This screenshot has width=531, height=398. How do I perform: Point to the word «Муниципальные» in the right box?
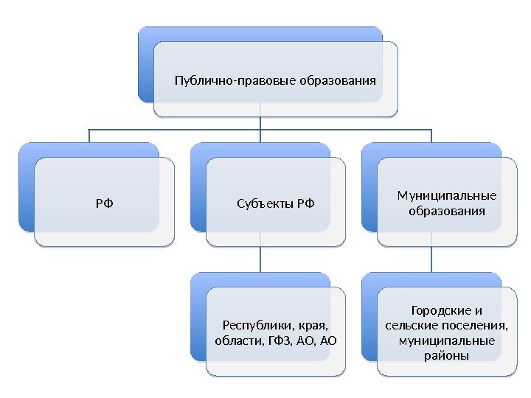[446, 195]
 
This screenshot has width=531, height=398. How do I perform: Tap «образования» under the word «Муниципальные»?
[446, 212]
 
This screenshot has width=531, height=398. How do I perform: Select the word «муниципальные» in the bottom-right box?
[446, 341]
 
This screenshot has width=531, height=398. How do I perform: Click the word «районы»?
[446, 357]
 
